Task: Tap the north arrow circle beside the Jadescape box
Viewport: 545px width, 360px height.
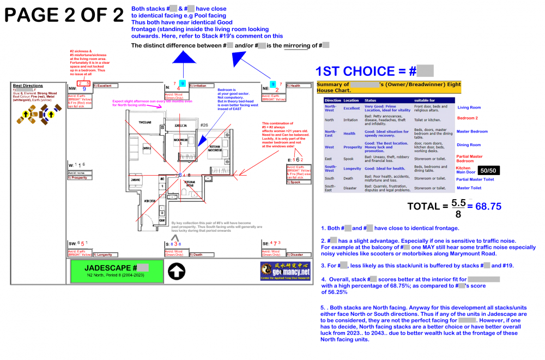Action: tap(177, 271)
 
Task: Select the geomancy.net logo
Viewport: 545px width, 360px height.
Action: tap(285, 271)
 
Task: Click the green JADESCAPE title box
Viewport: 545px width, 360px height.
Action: tap(117, 271)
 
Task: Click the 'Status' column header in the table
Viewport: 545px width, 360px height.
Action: tap(371, 100)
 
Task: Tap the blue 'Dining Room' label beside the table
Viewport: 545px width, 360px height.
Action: tap(468, 145)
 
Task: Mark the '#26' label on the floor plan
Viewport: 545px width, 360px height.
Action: tap(204, 125)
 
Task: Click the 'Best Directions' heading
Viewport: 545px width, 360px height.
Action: tap(28, 86)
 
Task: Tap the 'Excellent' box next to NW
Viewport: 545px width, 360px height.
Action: tap(105, 86)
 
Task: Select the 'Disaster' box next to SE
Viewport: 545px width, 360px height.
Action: tap(296, 254)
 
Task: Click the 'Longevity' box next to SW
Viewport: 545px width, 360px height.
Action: tap(104, 254)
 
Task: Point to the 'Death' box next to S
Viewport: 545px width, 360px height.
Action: tap(199, 254)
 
